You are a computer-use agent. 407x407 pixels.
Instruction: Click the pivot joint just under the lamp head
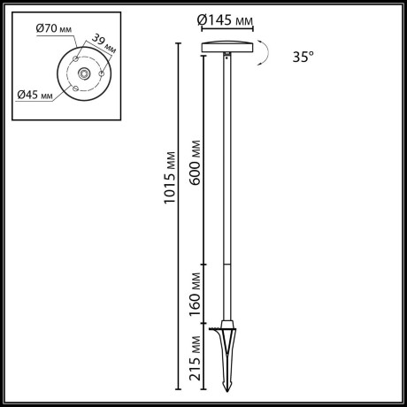coord(229,58)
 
